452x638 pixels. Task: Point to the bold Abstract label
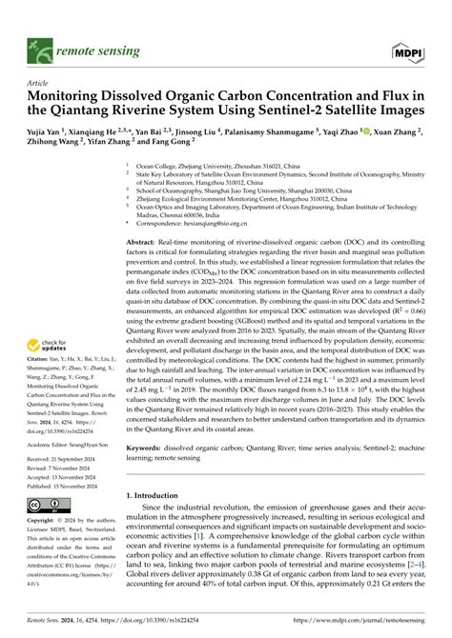[144, 244]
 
